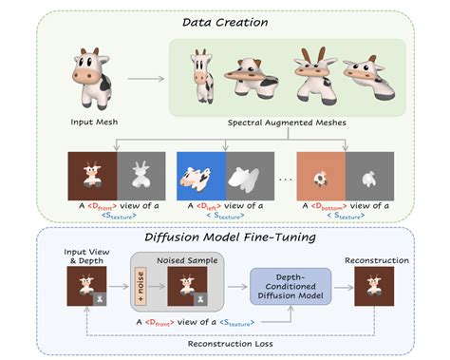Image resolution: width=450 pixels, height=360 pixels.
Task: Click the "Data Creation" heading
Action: (224, 16)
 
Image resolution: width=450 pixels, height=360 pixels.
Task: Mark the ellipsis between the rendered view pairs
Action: (276, 178)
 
